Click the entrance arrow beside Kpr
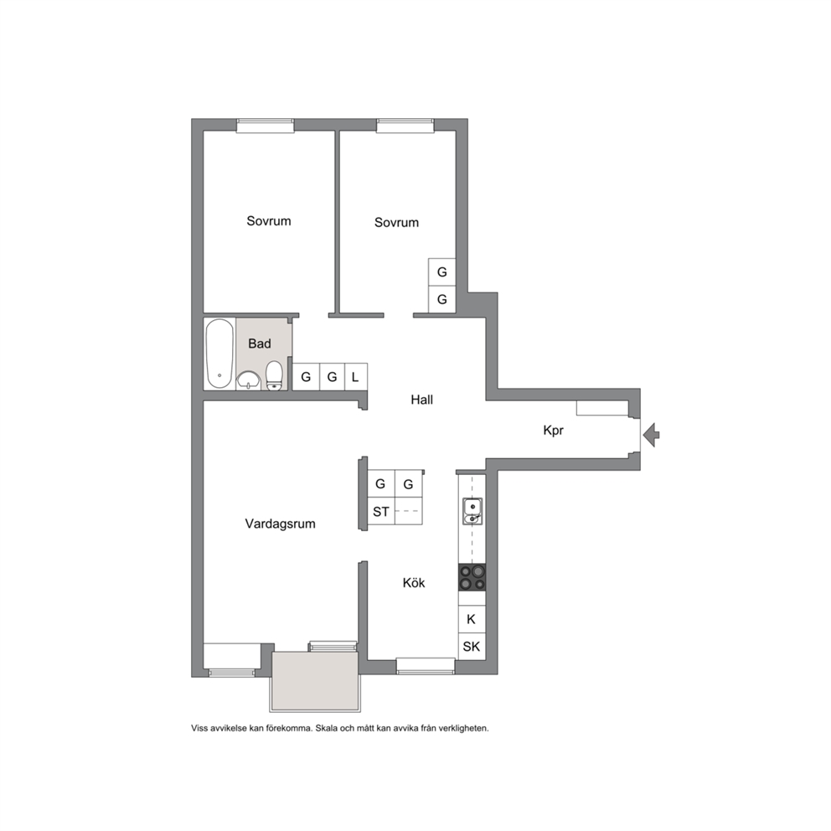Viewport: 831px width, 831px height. point(652,435)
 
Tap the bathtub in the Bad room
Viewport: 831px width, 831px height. point(219,354)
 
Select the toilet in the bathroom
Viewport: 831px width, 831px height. point(273,375)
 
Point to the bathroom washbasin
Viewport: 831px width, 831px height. point(248,380)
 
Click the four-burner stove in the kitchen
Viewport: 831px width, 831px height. point(472,577)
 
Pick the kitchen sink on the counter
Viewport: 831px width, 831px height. point(472,511)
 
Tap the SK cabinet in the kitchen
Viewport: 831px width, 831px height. point(472,647)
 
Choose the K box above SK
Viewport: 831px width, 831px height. point(472,619)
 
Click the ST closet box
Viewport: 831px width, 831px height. point(381,512)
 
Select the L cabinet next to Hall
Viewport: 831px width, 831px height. point(356,377)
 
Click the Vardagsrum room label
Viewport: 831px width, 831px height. point(280,524)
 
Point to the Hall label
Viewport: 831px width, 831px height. point(422,400)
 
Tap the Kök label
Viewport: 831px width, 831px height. point(414,583)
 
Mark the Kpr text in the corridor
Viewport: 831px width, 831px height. point(553,431)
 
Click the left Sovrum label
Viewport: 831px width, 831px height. point(269,221)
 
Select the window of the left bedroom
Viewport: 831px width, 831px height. point(265,126)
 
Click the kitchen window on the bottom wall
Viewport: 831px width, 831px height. point(426,666)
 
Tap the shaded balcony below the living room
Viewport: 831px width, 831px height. point(316,682)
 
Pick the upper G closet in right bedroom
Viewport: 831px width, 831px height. point(442,272)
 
